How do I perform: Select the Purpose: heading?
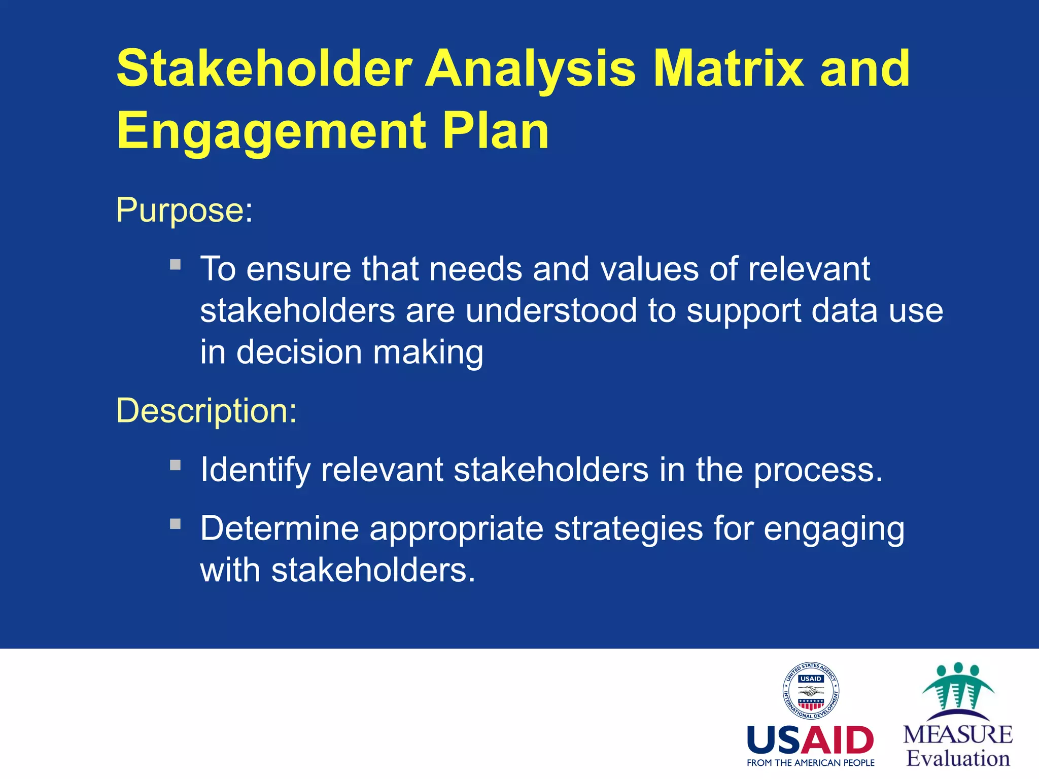pyautogui.click(x=184, y=209)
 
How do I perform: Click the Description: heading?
pyautogui.click(x=206, y=410)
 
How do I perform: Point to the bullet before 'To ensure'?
pyautogui.click(x=176, y=265)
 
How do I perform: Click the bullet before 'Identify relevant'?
pyautogui.click(x=176, y=465)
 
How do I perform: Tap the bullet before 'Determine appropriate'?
pyautogui.click(x=176, y=524)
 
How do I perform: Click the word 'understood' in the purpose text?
pyautogui.click(x=551, y=310)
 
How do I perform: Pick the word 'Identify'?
pyautogui.click(x=255, y=470)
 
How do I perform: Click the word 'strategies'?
pyautogui.click(x=628, y=528)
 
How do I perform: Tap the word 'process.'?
pyautogui.click(x=818, y=471)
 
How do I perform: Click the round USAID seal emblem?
pyautogui.click(x=810, y=691)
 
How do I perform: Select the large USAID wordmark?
pyautogui.click(x=810, y=740)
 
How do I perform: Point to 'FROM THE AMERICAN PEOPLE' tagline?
pyautogui.click(x=810, y=763)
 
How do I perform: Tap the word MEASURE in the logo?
pyautogui.click(x=958, y=735)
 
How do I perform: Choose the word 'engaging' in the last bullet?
pyautogui.click(x=834, y=529)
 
